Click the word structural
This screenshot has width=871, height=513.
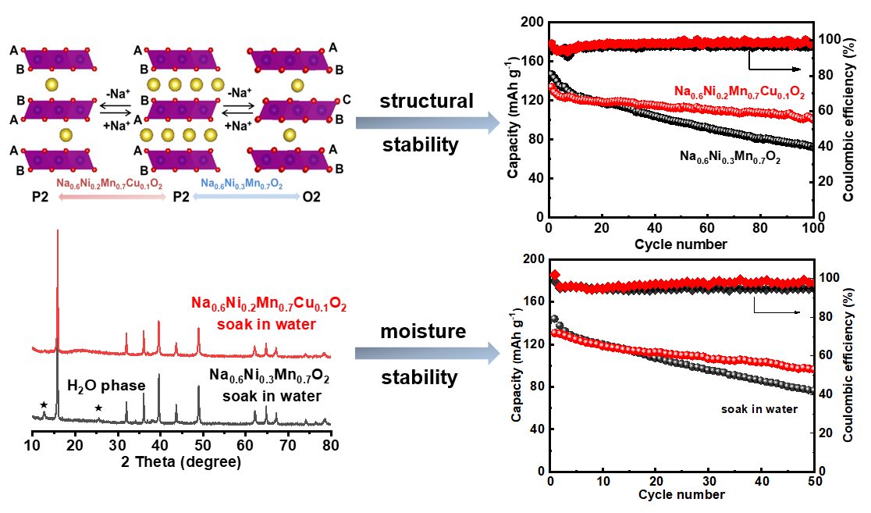[426, 101]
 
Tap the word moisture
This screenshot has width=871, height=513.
[423, 331]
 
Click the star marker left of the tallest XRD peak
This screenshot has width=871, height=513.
[44, 404]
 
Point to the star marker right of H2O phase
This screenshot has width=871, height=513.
[98, 408]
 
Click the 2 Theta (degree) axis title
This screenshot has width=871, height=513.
[181, 461]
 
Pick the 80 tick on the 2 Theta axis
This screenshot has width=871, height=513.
[331, 446]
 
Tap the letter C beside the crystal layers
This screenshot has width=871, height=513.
[345, 100]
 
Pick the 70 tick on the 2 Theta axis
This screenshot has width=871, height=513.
[289, 446]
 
